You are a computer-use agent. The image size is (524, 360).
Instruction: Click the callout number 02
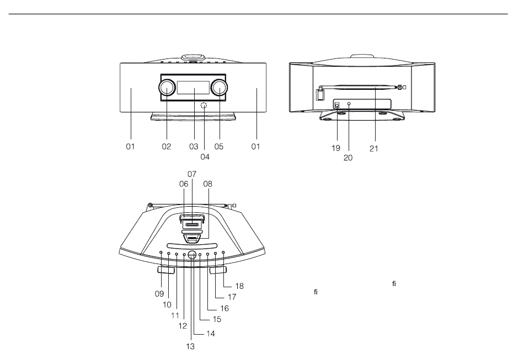click(167, 146)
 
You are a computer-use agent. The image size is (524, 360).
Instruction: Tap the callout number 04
click(205, 157)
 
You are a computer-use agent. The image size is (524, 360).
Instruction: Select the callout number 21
click(373, 149)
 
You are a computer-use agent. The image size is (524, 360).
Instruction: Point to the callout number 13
click(190, 347)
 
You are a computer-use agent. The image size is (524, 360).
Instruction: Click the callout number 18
click(239, 286)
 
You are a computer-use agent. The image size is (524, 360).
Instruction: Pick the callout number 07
click(192, 174)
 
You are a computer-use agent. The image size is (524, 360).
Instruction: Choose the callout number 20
click(348, 158)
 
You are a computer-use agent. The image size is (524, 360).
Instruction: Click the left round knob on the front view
click(167, 88)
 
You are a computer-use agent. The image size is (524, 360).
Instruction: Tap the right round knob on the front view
click(219, 88)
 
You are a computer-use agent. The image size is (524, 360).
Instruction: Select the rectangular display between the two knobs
click(193, 88)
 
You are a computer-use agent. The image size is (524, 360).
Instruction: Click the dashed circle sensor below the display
click(204, 106)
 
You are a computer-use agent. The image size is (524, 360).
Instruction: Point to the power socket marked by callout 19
click(337, 105)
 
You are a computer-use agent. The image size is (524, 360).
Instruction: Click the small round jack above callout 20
click(349, 104)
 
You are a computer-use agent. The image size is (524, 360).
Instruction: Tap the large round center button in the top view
click(191, 255)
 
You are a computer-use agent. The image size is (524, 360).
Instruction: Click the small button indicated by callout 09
click(161, 252)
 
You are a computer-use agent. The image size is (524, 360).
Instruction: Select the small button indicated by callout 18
click(223, 252)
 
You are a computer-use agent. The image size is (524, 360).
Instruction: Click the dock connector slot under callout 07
click(192, 225)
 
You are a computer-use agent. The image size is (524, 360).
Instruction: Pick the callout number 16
click(224, 308)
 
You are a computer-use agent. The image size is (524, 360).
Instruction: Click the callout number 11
click(175, 315)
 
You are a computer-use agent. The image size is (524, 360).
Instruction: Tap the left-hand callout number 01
click(130, 146)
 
